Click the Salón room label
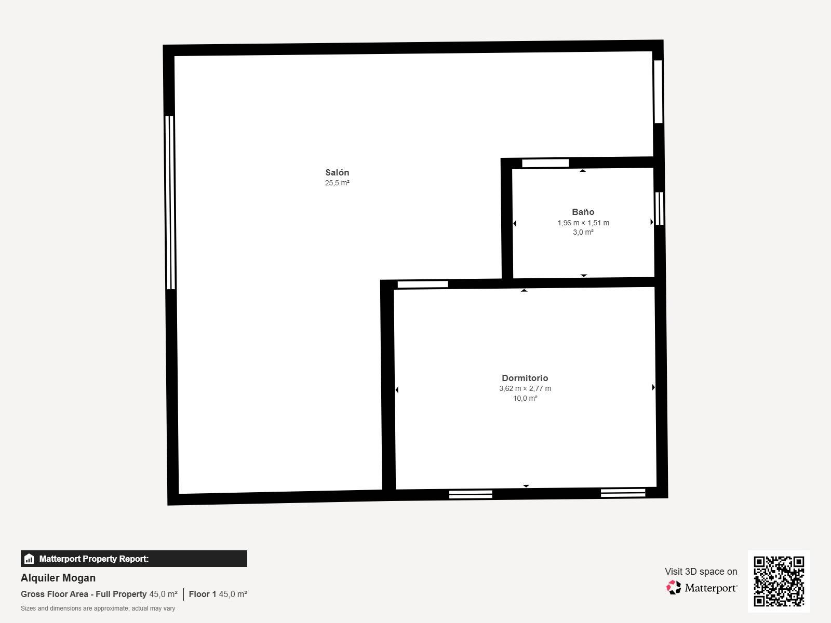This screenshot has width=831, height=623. click(x=337, y=172)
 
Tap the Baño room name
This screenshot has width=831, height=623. click(x=583, y=212)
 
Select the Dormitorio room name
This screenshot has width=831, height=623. click(x=525, y=378)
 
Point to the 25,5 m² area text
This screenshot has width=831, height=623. click(x=337, y=183)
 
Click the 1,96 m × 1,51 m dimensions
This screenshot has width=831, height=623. click(x=583, y=223)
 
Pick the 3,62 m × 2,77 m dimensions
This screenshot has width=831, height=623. click(x=525, y=388)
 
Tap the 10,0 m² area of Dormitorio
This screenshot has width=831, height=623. click(x=525, y=398)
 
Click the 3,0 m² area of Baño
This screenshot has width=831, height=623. click(x=583, y=232)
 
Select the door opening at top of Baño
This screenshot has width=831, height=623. click(x=545, y=163)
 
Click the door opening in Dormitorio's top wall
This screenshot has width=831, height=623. click(x=422, y=284)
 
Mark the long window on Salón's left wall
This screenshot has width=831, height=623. click(x=170, y=202)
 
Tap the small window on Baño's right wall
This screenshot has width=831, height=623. click(x=659, y=208)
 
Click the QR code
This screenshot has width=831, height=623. click(x=779, y=581)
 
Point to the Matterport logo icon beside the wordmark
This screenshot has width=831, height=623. click(x=674, y=588)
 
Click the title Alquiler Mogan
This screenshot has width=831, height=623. click(x=58, y=578)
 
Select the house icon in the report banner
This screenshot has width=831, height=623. click(x=29, y=558)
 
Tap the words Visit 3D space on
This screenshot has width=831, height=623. click(x=701, y=572)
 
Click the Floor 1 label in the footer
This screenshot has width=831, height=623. click(x=203, y=594)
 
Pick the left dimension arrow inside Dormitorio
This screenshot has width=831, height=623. click(x=397, y=389)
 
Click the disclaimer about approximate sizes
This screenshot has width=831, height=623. click(x=98, y=608)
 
